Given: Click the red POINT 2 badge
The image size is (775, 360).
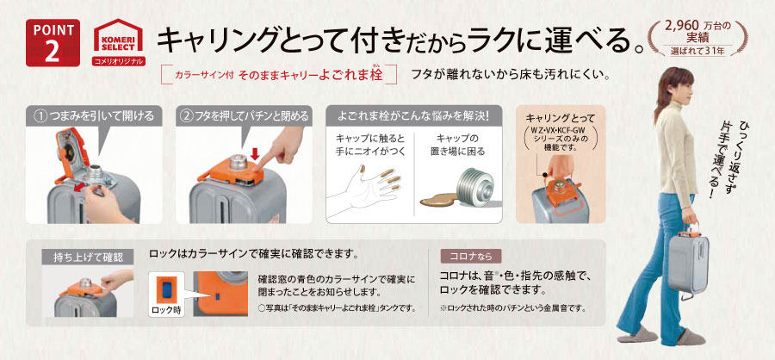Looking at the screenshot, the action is (x=53, y=42).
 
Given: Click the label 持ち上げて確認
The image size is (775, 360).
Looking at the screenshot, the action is (x=88, y=258).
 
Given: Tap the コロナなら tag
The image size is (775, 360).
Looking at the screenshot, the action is (x=470, y=256).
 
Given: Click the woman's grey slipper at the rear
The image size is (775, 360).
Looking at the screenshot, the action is (x=636, y=334).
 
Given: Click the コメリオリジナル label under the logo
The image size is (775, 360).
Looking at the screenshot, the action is (x=118, y=61).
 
